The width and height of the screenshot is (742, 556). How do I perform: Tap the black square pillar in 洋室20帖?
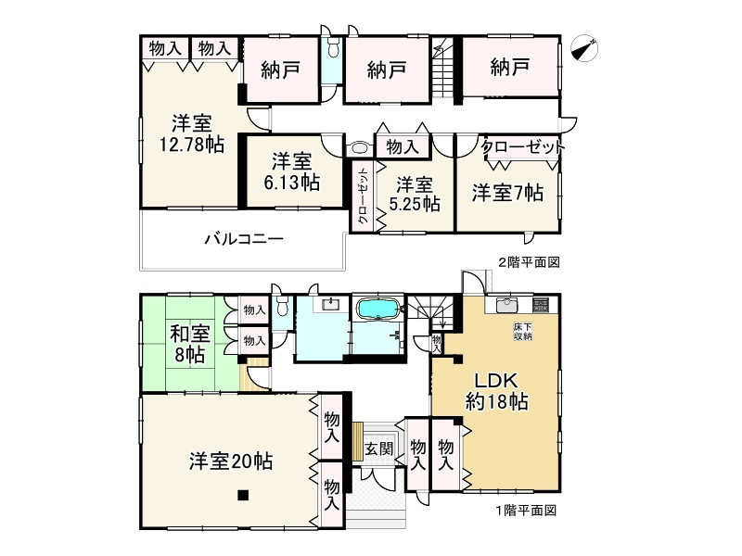point(242,495)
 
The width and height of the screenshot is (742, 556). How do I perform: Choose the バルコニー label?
point(243,239)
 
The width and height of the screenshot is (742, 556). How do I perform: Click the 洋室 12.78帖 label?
point(190,133)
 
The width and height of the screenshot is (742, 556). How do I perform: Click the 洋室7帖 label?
point(506,193)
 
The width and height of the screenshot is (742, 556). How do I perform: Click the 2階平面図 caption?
point(528,262)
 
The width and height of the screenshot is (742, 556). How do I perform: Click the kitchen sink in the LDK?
point(505,306)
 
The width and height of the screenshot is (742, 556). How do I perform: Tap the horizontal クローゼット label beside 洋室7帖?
point(522,147)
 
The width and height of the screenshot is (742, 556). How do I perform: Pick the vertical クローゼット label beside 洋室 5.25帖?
point(364,196)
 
